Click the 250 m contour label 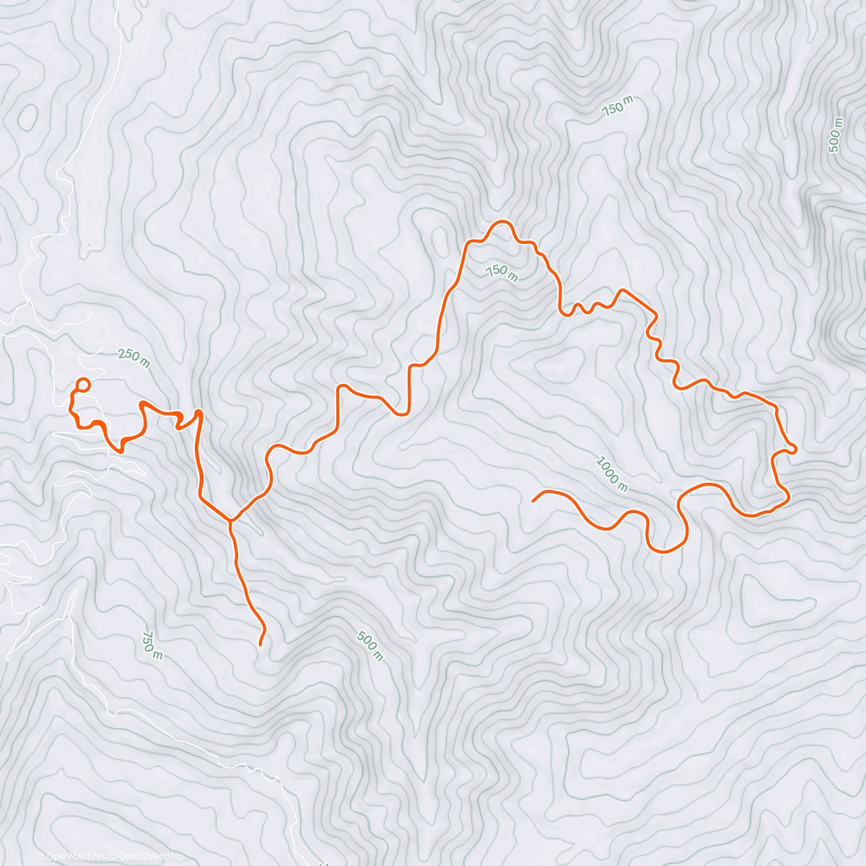click(x=134, y=358)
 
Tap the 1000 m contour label click(x=611, y=474)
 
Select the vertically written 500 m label click(x=835, y=135)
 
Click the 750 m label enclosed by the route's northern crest click(x=502, y=273)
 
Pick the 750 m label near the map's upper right click(x=617, y=107)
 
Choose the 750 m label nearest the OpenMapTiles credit click(x=152, y=644)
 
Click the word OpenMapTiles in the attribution click(x=75, y=857)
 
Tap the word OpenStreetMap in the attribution click(x=154, y=857)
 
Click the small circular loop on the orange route click(x=83, y=385)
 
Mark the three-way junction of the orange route click(x=230, y=520)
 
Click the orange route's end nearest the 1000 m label click(x=533, y=499)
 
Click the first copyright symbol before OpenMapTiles click(x=40, y=857)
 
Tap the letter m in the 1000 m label click(x=623, y=486)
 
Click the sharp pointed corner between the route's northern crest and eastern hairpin click(x=622, y=289)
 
